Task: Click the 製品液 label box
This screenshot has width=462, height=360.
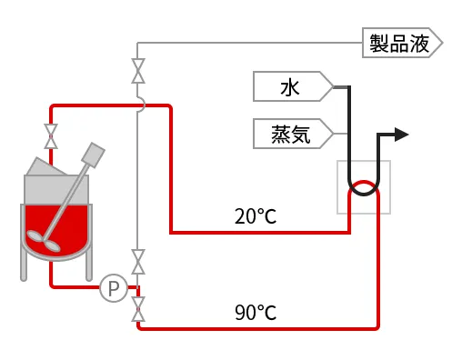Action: [401, 43]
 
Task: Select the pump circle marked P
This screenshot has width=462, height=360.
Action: [113, 288]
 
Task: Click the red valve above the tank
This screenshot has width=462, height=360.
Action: [51, 136]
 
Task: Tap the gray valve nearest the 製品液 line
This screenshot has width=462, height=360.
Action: [138, 71]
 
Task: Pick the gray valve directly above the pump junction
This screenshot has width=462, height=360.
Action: [138, 262]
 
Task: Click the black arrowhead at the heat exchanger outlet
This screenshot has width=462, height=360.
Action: [401, 135]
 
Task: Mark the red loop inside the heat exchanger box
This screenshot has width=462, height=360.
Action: [364, 188]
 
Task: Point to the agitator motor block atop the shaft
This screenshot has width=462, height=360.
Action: [93, 153]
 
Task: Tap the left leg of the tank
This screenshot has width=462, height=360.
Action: [24, 264]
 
